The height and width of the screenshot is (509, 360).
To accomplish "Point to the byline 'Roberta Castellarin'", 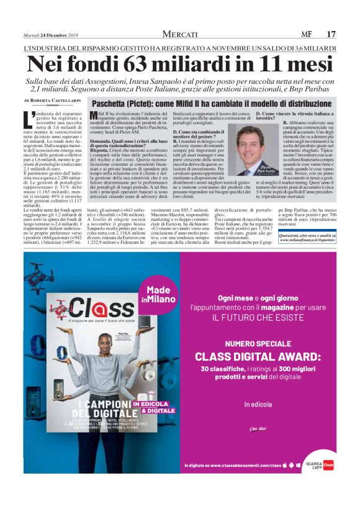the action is (x=56, y=100).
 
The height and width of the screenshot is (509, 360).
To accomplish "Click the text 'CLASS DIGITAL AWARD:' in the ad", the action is (x=253, y=356).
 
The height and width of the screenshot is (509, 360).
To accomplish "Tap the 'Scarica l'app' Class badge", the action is (x=320, y=464).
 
